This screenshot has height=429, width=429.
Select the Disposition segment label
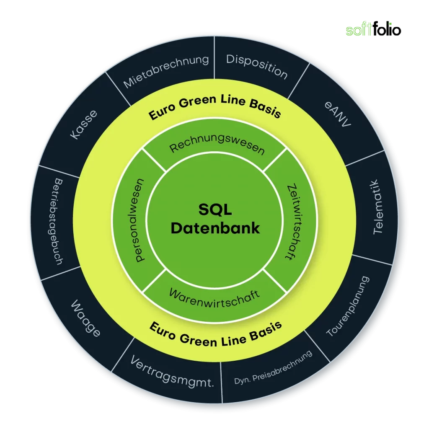point(257,66)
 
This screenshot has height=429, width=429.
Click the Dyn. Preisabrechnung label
point(273,368)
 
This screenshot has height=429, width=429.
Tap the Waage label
point(85,318)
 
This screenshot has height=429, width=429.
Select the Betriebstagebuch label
point(58,222)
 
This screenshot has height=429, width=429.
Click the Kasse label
point(84,124)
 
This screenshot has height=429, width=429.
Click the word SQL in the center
point(215,209)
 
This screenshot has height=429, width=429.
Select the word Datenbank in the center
point(215,228)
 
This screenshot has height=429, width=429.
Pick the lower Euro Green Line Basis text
point(215,334)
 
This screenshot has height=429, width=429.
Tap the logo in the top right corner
point(372,31)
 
